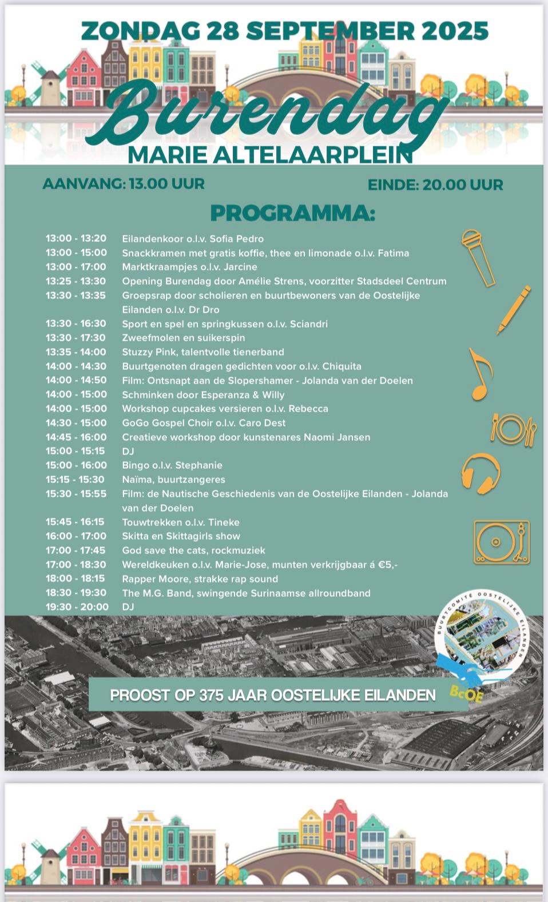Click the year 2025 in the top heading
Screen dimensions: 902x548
pyautogui.click(x=455, y=31)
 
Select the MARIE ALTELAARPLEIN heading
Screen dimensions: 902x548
pyautogui.click(x=270, y=154)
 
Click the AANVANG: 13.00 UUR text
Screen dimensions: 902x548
pyautogui.click(x=124, y=184)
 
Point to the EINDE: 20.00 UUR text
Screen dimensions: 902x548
pyautogui.click(x=435, y=185)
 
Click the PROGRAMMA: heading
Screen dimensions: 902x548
pyautogui.click(x=292, y=213)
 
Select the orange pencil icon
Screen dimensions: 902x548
pyautogui.click(x=513, y=310)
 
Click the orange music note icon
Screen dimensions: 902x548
pyautogui.click(x=480, y=374)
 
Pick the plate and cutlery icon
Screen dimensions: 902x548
pyautogui.click(x=513, y=429)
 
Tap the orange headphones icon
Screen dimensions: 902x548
pyautogui.click(x=481, y=473)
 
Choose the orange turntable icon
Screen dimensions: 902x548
pyautogui.click(x=501, y=541)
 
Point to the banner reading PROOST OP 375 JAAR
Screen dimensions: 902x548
pyautogui.click(x=273, y=695)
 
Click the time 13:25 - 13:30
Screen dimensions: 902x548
pyautogui.click(x=76, y=281)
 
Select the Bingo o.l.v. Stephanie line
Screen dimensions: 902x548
pyautogui.click(x=172, y=465)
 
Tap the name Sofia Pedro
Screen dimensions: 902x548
pyautogui.click(x=236, y=239)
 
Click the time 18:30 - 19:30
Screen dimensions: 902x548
pyautogui.click(x=76, y=593)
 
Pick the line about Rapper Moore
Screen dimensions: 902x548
pyautogui.click(x=200, y=578)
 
